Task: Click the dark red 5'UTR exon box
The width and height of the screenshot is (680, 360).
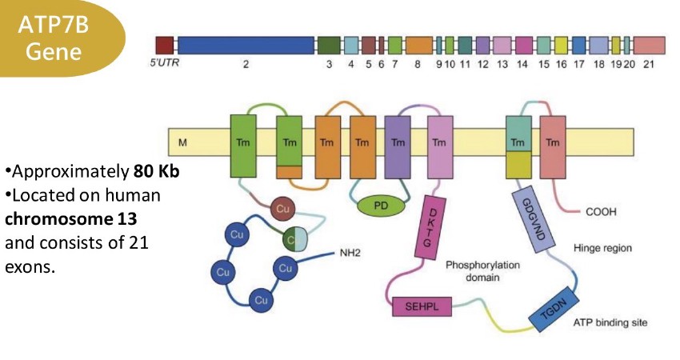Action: (x=165, y=46)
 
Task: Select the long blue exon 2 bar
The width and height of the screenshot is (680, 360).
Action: (x=246, y=46)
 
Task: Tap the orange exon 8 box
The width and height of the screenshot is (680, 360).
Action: (x=419, y=46)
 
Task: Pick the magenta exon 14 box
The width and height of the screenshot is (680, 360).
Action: (x=524, y=46)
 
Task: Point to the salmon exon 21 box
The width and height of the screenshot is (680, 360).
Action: (x=650, y=46)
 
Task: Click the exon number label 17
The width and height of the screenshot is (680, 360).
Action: (x=579, y=64)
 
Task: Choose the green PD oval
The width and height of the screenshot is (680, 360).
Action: (x=381, y=206)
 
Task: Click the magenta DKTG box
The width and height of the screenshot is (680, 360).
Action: (x=430, y=228)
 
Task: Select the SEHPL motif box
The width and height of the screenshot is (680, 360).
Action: (x=422, y=306)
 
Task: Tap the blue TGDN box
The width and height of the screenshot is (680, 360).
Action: (x=554, y=309)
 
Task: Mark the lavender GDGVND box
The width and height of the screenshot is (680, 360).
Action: (x=534, y=219)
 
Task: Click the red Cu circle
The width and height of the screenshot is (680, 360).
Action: (x=282, y=209)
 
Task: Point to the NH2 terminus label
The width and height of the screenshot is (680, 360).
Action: (x=350, y=253)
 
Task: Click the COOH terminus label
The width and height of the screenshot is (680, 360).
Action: (x=601, y=212)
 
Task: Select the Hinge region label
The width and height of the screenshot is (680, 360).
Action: (x=602, y=248)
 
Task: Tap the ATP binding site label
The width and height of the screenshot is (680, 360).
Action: (x=610, y=322)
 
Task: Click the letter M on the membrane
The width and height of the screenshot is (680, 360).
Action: (x=182, y=142)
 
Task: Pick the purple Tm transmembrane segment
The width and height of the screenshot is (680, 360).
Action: (x=398, y=147)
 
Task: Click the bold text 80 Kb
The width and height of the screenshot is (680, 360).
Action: (x=156, y=172)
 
